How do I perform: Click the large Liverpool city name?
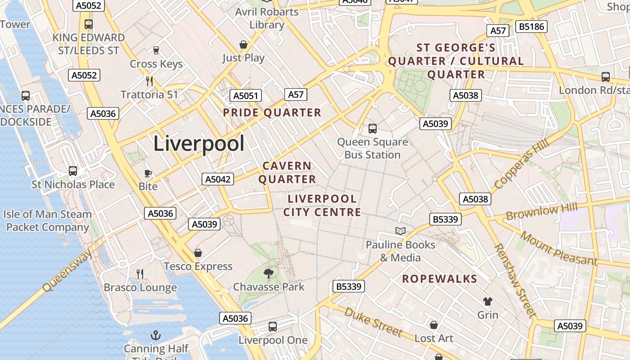tap(199, 144)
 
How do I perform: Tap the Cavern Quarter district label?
tap(287, 173)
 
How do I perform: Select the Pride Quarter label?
tap(272, 112)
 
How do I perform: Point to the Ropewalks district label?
tap(440, 279)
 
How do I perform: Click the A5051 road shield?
tap(245, 95)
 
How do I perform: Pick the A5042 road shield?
tap(218, 179)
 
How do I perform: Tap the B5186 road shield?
tap(531, 27)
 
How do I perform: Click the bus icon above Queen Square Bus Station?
tap(373, 129)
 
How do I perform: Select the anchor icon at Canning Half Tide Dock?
tap(155, 335)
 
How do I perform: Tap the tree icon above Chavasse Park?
tap(269, 273)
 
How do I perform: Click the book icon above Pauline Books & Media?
tap(400, 231)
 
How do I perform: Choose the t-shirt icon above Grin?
tap(488, 301)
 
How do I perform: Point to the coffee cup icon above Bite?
tap(148, 173)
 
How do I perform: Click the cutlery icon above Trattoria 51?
tap(149, 81)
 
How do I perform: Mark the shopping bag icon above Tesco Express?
tap(198, 253)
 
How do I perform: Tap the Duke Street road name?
tap(373, 322)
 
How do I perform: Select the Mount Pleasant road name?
tap(559, 248)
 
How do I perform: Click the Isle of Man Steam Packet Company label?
tap(48, 220)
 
